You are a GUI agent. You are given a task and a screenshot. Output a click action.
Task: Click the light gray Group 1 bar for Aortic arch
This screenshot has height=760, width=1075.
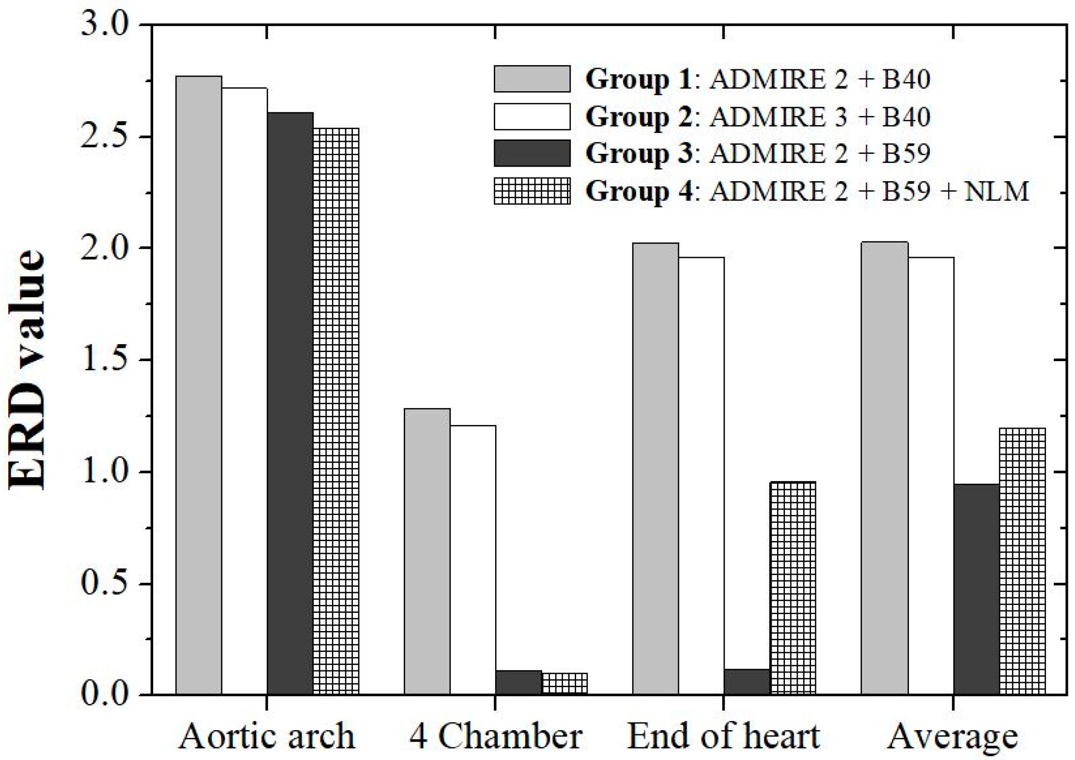coord(199,384)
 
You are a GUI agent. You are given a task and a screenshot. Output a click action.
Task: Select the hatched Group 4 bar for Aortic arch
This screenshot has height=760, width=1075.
coord(336,412)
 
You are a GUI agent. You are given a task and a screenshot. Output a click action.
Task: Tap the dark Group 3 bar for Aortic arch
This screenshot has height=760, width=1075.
coord(290,403)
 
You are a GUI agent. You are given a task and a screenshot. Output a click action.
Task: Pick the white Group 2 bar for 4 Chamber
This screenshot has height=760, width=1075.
coord(473,559)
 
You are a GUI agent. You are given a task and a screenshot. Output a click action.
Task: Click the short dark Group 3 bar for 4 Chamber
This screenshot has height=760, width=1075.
coord(518,683)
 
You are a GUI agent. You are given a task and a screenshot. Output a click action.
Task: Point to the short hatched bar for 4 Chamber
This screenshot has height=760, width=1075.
coord(564,684)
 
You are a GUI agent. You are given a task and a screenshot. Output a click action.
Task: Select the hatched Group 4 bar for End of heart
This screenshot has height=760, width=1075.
coord(793,588)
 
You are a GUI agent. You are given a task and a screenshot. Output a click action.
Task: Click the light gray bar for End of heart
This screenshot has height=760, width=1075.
coord(655,468)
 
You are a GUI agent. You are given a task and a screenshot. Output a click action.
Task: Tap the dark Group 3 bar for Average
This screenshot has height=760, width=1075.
coord(977,589)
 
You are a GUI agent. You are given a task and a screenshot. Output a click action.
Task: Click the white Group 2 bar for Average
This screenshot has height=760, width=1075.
coord(931,475)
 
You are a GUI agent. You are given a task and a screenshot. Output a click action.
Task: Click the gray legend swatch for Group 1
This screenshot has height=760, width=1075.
coord(532,79)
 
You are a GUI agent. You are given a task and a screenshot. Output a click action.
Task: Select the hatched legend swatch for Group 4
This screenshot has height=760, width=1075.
coord(532,191)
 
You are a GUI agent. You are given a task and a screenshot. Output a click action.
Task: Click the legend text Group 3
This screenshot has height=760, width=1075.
coord(638,153)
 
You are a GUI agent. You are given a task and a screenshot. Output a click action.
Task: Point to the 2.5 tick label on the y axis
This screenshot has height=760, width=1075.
coord(103,136)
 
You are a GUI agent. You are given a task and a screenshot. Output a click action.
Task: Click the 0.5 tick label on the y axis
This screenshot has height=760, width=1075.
coord(103,583)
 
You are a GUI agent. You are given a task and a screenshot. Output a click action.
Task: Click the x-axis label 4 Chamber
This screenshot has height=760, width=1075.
coord(496,736)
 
